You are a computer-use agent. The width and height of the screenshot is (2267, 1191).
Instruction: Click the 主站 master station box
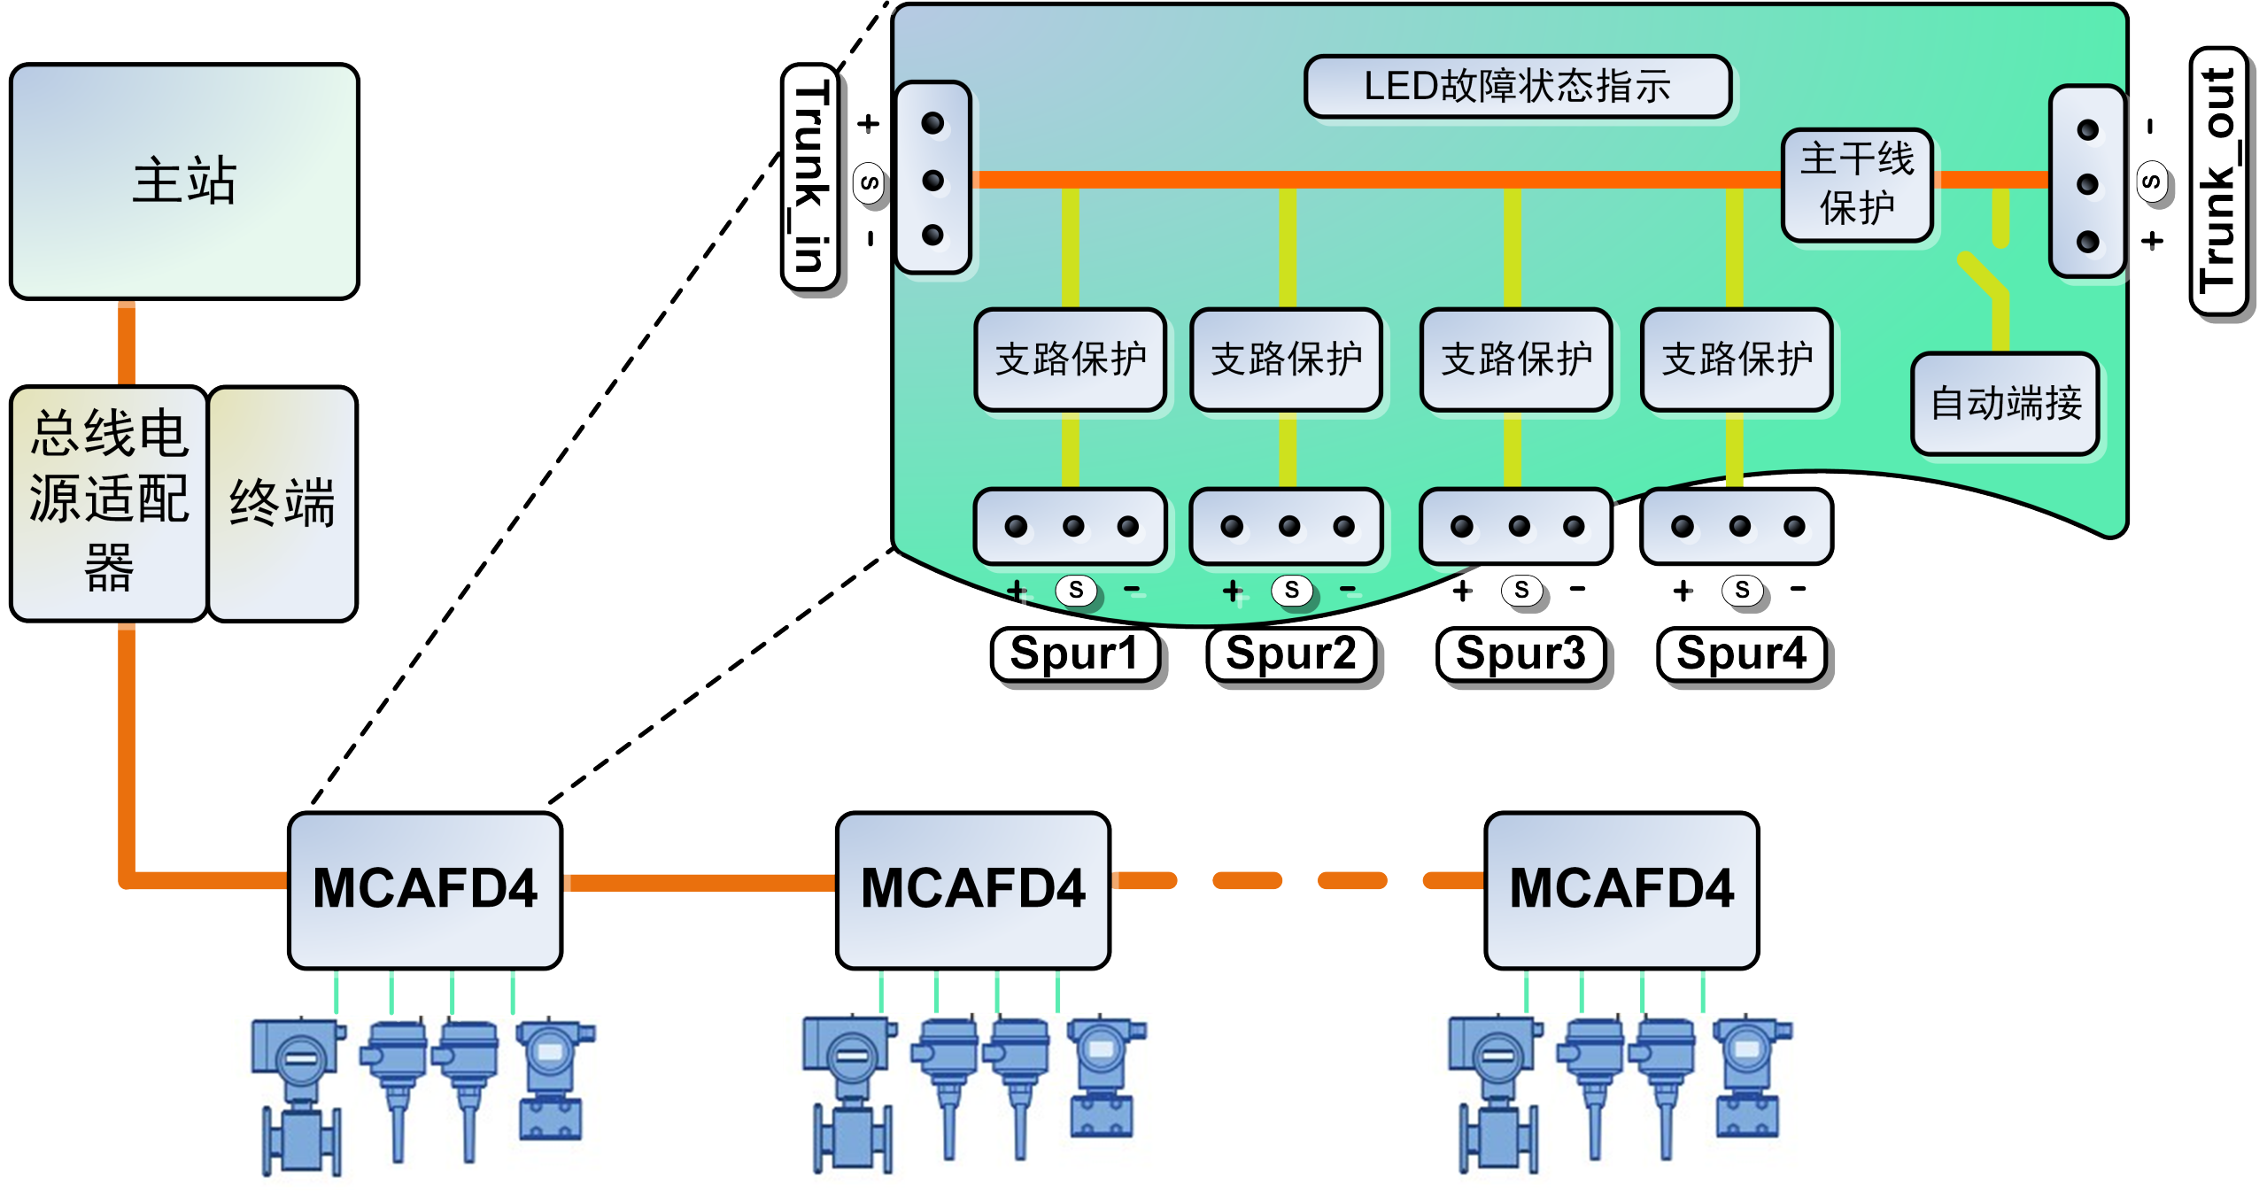[184, 182]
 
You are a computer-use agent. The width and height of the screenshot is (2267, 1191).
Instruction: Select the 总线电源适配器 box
[109, 503]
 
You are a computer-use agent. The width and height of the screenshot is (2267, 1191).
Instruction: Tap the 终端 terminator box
[282, 503]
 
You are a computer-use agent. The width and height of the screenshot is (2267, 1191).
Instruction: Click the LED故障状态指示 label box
[1518, 87]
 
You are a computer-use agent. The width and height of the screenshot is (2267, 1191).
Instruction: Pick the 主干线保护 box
[1857, 185]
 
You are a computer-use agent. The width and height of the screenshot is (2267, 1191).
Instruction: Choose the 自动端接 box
[2005, 404]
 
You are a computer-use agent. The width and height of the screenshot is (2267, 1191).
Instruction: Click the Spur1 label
[1074, 654]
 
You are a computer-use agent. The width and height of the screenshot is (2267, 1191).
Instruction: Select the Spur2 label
[1291, 654]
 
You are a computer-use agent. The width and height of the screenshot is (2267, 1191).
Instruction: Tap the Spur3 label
[1520, 654]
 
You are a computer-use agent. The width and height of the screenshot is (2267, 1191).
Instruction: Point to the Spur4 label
[1741, 654]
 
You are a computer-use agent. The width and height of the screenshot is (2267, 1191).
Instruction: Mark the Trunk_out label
[2218, 182]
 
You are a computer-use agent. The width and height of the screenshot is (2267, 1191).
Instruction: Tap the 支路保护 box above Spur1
[1071, 360]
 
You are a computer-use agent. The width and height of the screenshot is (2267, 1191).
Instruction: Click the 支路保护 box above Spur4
[1737, 360]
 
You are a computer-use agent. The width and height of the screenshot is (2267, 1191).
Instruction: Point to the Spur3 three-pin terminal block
[1516, 527]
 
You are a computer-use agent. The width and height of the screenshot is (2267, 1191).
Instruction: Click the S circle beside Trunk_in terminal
[870, 182]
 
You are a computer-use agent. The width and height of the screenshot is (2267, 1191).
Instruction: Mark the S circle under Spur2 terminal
[1291, 590]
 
